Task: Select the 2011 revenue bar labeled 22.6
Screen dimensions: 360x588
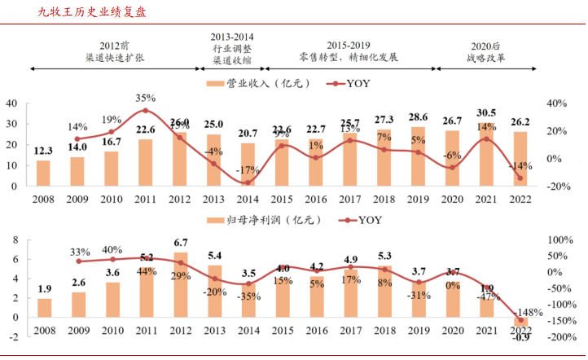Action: pyautogui.click(x=145, y=163)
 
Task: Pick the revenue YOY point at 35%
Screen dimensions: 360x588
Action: pyautogui.click(x=145, y=111)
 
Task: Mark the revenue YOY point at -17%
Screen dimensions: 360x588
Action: pyautogui.click(x=249, y=182)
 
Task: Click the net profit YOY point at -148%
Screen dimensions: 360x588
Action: pyautogui.click(x=519, y=320)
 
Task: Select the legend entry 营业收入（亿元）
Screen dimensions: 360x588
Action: pyautogui.click(x=257, y=83)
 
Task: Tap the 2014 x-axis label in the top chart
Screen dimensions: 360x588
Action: pyautogui.click(x=249, y=198)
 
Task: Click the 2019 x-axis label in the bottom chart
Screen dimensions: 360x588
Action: pyautogui.click(x=417, y=330)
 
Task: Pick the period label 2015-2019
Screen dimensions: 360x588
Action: pyautogui.click(x=349, y=45)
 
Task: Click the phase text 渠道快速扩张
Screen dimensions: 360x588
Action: pyautogui.click(x=112, y=59)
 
